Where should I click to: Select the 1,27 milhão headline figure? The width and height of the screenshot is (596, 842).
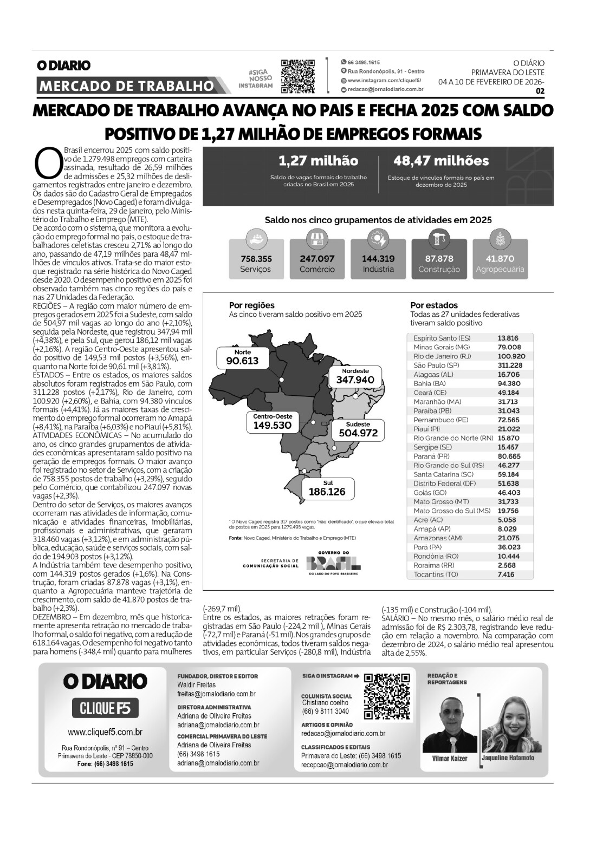318,161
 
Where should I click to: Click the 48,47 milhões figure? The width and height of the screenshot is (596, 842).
441,161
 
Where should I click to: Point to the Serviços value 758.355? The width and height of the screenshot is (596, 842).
256,259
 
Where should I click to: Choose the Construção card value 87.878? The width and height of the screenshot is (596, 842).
439,259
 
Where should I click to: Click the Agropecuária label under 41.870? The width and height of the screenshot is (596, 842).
500,269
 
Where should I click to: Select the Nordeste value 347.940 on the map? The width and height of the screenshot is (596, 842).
355,380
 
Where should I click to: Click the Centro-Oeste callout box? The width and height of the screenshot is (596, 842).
273,422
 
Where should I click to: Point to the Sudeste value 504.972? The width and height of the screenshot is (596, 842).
358,433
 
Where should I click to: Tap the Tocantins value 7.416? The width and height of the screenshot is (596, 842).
506,575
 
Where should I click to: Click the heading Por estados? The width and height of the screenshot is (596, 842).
433,305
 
